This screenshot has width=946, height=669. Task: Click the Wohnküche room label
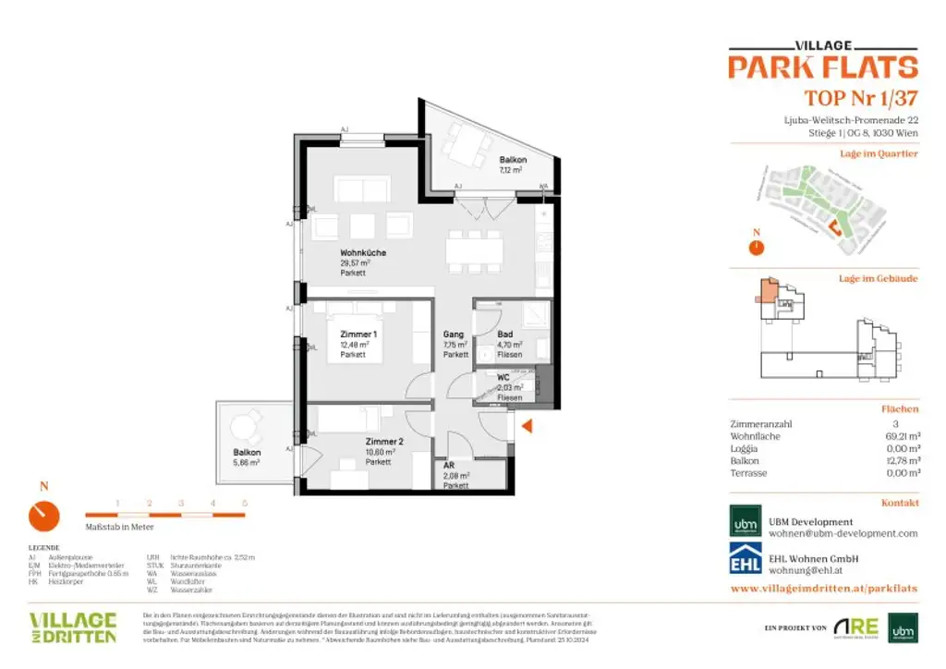[x=363, y=252]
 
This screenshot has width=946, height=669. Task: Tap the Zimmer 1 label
[x=358, y=334]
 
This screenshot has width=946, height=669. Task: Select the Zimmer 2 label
[x=383, y=442]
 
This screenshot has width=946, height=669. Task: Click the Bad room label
[x=505, y=334]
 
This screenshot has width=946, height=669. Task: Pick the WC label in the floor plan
[x=503, y=377]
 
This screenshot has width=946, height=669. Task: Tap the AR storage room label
[x=449, y=466]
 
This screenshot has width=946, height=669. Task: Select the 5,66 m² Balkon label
[x=247, y=453]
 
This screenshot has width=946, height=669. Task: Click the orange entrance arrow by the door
[x=528, y=426]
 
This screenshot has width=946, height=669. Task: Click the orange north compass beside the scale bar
[x=43, y=516]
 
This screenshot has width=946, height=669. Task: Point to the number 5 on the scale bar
[x=244, y=503]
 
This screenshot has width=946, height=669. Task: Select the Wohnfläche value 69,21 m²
[x=901, y=435]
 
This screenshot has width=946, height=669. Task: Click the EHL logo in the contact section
[x=746, y=562]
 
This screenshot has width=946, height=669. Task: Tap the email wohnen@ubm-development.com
[x=843, y=533]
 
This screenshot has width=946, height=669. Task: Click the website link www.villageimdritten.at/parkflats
[x=823, y=588]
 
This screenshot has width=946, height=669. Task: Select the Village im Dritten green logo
[x=73, y=626]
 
